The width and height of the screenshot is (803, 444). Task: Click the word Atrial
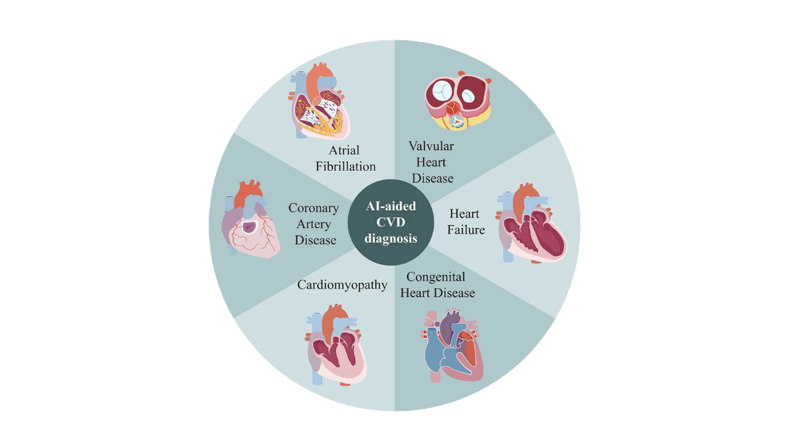[344, 150]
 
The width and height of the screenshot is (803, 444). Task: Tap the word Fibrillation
[345, 167]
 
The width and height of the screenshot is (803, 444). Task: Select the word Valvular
[431, 146]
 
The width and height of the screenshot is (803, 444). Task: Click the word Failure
[466, 230]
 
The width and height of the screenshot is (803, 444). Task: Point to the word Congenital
[436, 276]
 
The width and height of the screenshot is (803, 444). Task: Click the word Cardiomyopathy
[342, 285]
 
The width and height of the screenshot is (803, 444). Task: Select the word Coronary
[314, 208]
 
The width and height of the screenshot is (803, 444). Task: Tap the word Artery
[314, 224]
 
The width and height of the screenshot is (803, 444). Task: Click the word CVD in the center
[391, 222]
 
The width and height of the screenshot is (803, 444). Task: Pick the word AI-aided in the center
[391, 206]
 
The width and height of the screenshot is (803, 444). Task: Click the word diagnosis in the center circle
[391, 238]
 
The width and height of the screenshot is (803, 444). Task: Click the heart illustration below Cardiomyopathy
[336, 345]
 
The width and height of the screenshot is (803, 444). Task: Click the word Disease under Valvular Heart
[432, 179]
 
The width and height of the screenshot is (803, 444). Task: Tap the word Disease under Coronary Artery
[315, 240]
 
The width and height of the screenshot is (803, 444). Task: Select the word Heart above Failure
[464, 214]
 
